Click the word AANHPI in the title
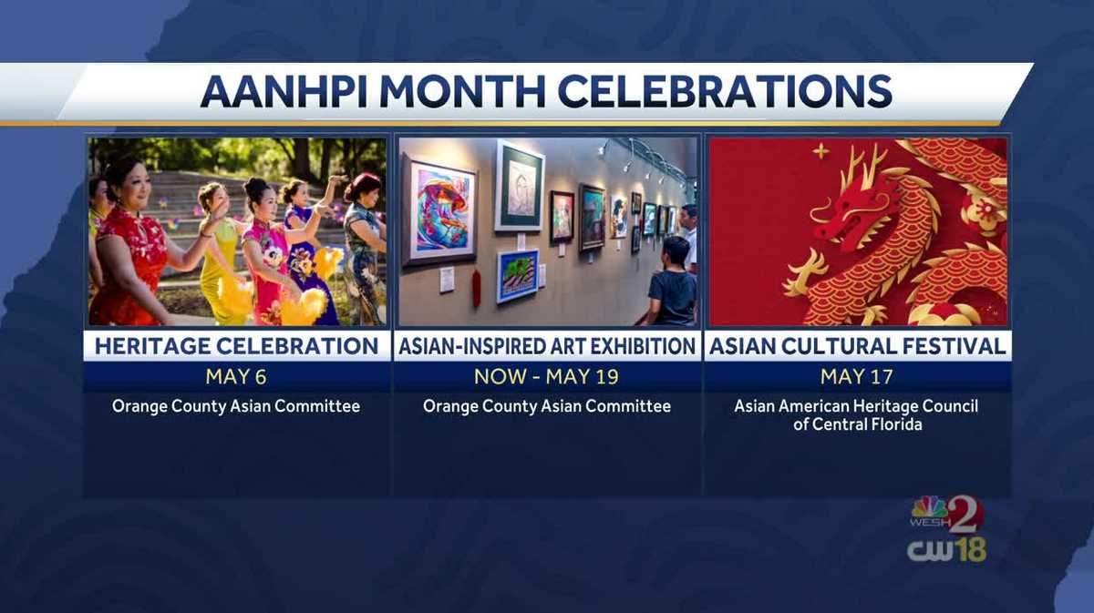point(284,92)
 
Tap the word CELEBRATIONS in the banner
point(725,92)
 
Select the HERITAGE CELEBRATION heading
point(236,346)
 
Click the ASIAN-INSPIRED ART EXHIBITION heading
point(547,346)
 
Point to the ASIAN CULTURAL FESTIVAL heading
point(858,346)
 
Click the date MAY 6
point(236,377)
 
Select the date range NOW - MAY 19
point(546,377)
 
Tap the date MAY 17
point(857,377)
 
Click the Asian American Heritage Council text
point(856,406)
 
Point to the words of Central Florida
point(858,424)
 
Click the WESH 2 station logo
point(947,515)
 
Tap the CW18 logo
point(946,550)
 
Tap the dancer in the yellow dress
point(220,254)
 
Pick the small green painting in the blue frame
point(518,276)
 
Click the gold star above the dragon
point(821,151)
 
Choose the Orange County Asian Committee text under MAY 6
point(236,406)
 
